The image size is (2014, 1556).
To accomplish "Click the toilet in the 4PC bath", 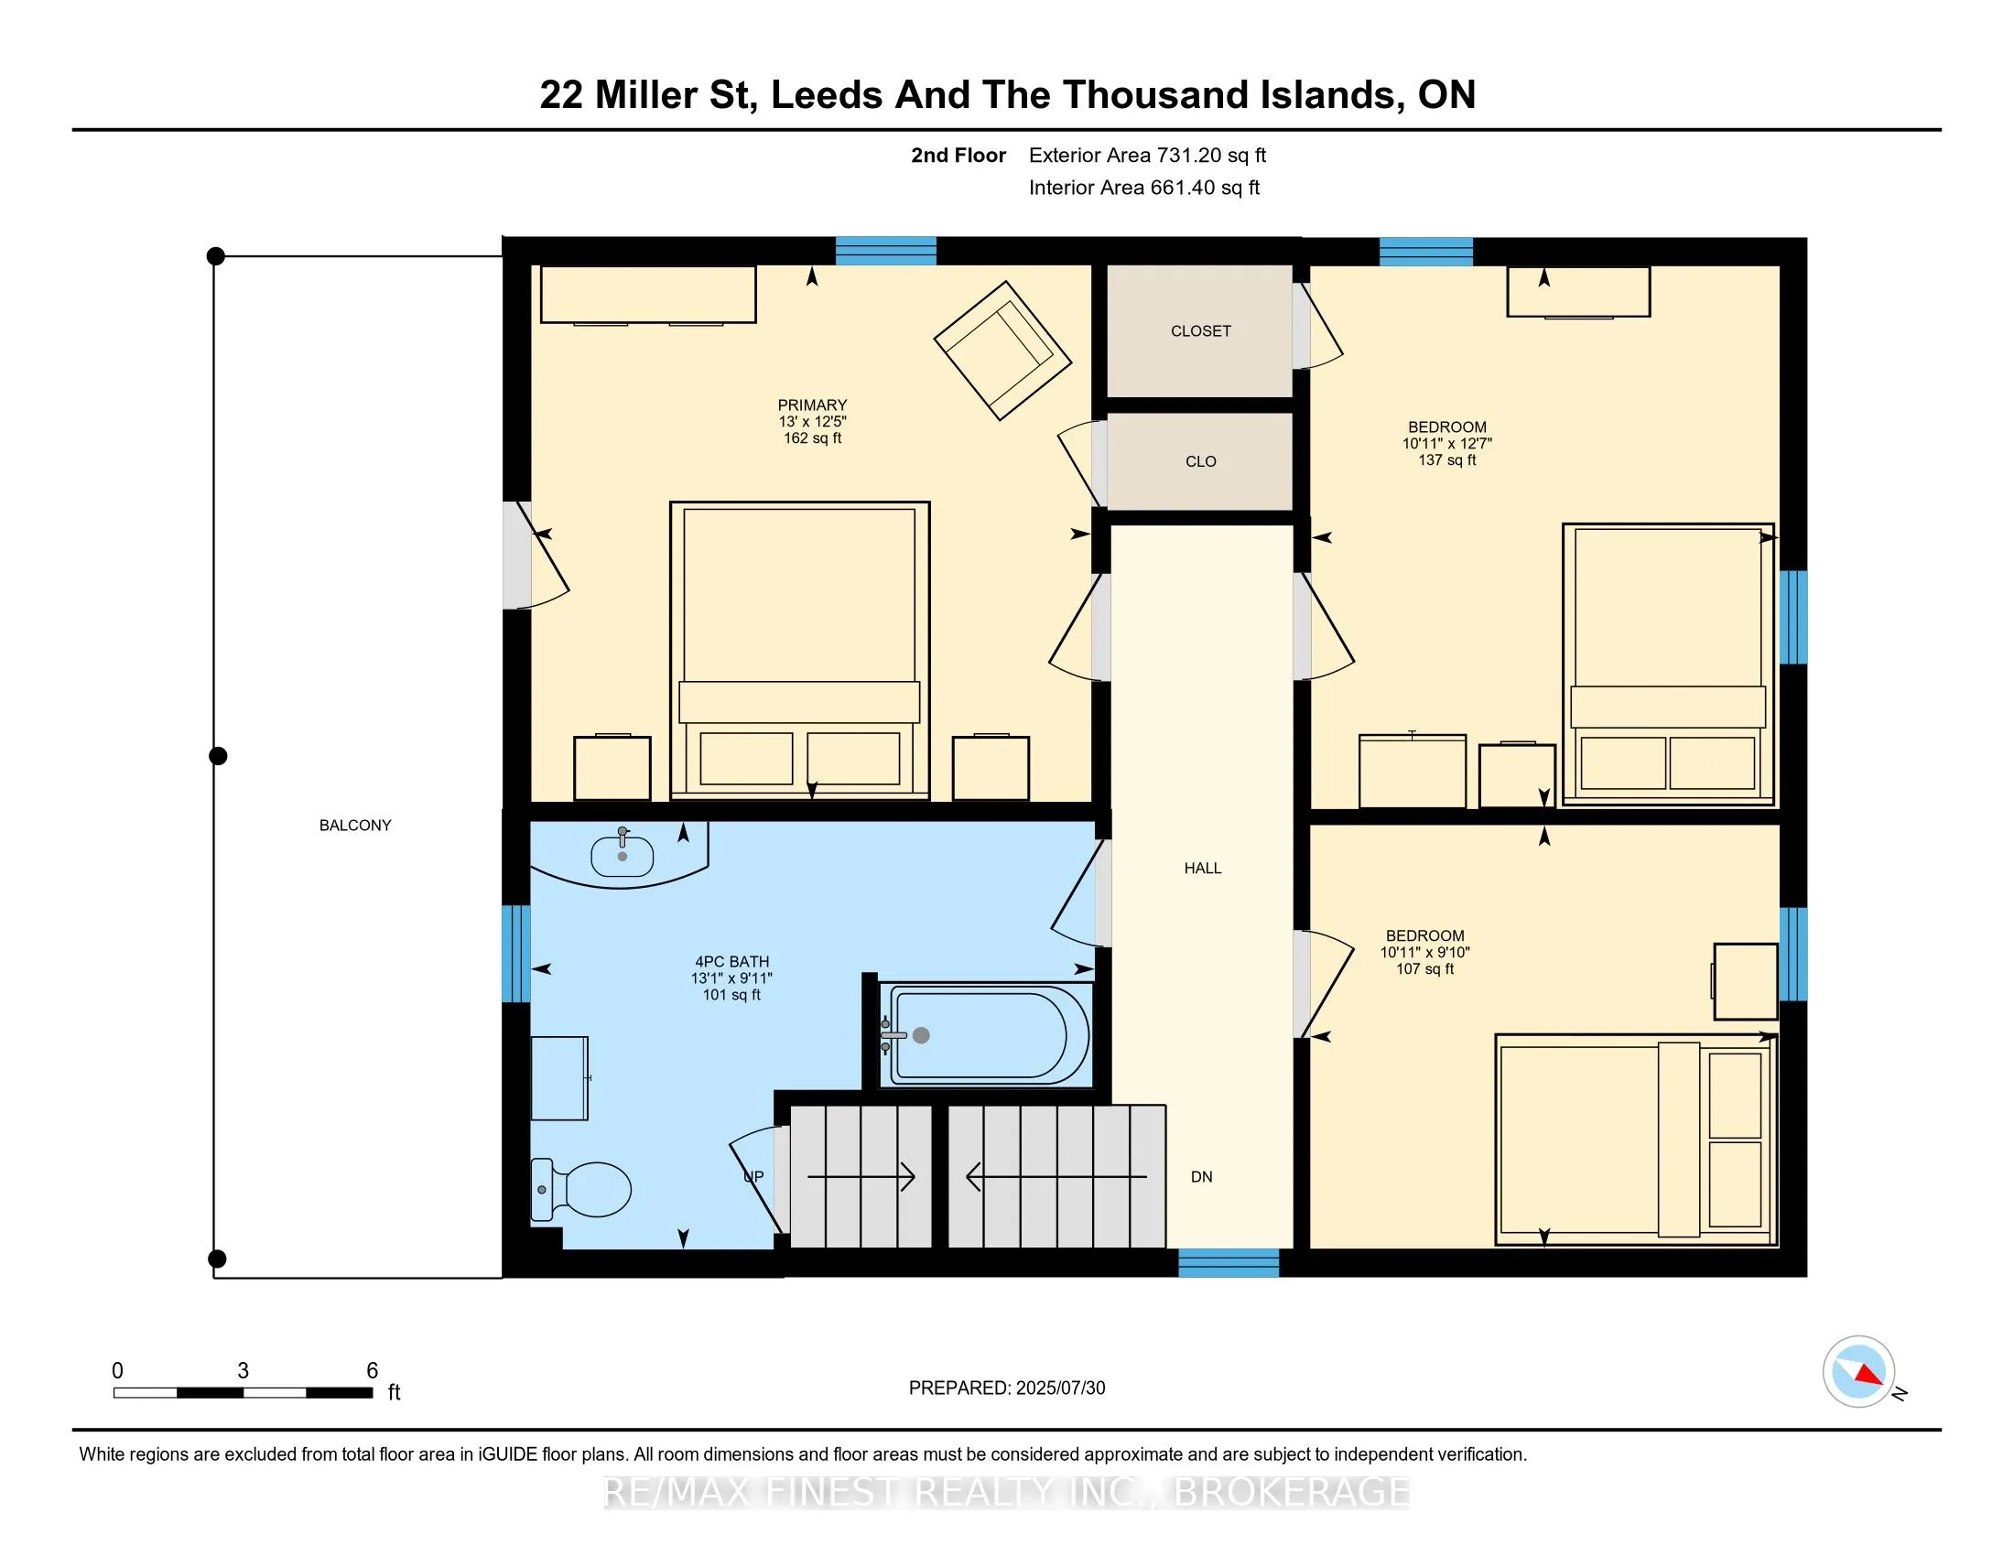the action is click(582, 1189).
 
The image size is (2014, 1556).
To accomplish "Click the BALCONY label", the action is click(355, 825).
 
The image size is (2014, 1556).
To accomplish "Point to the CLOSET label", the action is click(1201, 331).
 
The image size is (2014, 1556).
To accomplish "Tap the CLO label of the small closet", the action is click(1201, 461).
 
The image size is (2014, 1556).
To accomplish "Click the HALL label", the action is click(1203, 868).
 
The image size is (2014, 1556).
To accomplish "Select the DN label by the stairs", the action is click(1202, 1176).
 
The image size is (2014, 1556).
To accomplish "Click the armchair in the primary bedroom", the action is click(1002, 351).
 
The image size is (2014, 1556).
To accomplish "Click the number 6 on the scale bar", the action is click(373, 1370).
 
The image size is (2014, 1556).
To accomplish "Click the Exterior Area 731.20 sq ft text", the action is click(1147, 155).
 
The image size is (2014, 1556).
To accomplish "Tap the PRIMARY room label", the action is click(811, 405).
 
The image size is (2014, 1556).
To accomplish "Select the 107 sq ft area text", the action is click(1424, 968).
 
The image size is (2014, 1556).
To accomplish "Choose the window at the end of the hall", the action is click(1229, 1263).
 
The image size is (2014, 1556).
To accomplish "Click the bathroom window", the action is click(515, 953).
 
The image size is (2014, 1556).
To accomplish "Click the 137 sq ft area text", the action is click(1446, 460).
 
